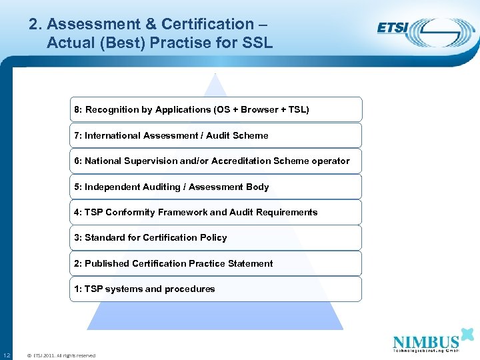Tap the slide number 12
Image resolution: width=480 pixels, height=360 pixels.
(6, 355)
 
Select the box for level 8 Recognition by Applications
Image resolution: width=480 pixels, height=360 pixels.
(216, 109)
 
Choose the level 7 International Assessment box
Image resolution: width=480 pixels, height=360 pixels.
(216, 135)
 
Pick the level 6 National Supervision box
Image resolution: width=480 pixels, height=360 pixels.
(216, 161)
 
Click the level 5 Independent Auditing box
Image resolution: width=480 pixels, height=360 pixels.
(216, 187)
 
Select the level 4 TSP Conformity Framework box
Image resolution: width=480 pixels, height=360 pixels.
(216, 212)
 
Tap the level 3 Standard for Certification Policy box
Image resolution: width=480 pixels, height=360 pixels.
(216, 237)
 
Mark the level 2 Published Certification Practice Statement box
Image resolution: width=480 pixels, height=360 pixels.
(216, 263)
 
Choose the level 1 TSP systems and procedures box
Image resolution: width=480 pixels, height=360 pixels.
(216, 289)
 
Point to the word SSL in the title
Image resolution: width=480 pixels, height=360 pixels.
(258, 43)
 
